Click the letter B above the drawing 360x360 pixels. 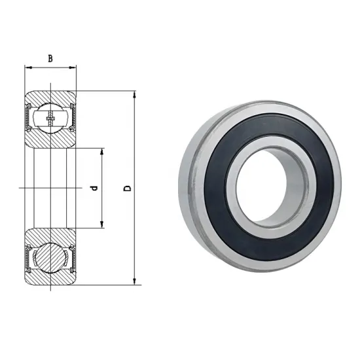50,58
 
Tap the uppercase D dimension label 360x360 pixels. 128,189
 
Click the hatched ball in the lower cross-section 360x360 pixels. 50,257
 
